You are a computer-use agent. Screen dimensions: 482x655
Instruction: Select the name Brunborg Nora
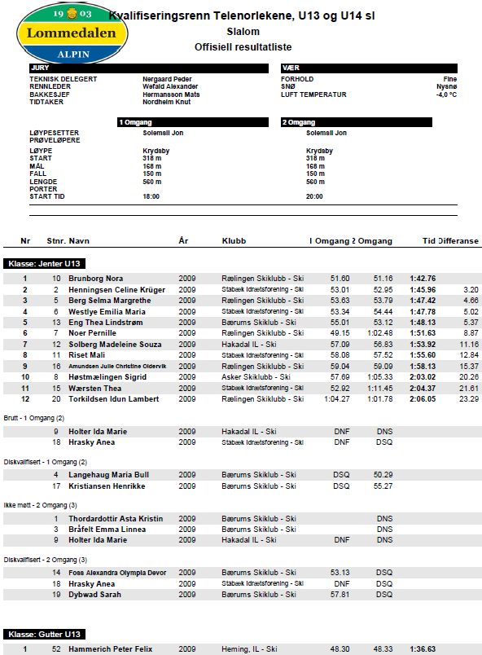pos(96,279)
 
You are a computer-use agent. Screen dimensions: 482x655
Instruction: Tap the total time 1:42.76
pos(423,279)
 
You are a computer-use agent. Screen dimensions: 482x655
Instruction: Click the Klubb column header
pos(234,241)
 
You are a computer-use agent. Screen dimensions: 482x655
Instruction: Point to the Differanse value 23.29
pos(468,399)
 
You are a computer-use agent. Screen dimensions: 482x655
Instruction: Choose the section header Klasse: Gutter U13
pos(45,634)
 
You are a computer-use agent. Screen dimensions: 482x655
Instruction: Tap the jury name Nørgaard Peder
pos(167,79)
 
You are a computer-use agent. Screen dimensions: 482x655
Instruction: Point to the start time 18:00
pos(151,196)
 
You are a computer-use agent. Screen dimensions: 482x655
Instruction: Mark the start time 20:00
pos(314,196)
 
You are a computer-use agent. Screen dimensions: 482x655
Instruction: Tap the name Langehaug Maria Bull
pos(108,474)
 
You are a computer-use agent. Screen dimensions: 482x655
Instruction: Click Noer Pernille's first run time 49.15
pos(340,333)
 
